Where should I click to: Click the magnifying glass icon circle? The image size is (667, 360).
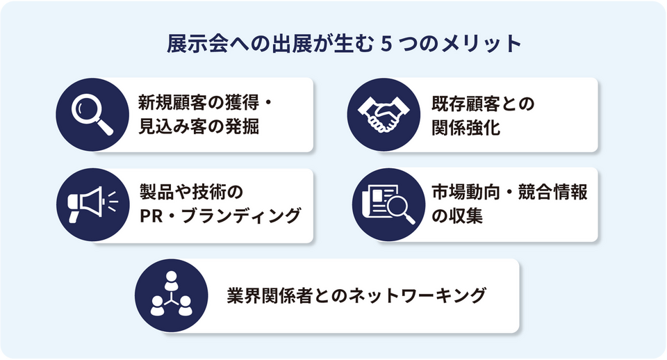click(92, 115)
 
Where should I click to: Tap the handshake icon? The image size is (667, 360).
click(384, 115)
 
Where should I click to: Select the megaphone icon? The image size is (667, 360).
click(92, 205)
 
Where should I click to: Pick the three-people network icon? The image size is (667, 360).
click(171, 295)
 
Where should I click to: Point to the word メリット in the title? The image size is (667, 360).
click(481, 44)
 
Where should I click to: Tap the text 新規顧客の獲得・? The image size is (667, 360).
click(206, 104)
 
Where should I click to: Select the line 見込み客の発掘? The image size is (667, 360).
click(199, 126)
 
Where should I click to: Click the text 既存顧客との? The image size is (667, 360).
click(483, 104)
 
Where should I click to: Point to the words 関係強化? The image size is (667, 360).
click(466, 127)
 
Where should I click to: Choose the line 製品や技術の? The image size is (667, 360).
click(191, 192)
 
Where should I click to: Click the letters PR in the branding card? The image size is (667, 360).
click(151, 216)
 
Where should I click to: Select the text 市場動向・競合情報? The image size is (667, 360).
click(509, 192)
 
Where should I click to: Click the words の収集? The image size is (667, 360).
click(457, 215)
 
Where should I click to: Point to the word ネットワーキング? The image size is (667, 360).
click(417, 295)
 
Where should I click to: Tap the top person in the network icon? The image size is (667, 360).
click(171, 279)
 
